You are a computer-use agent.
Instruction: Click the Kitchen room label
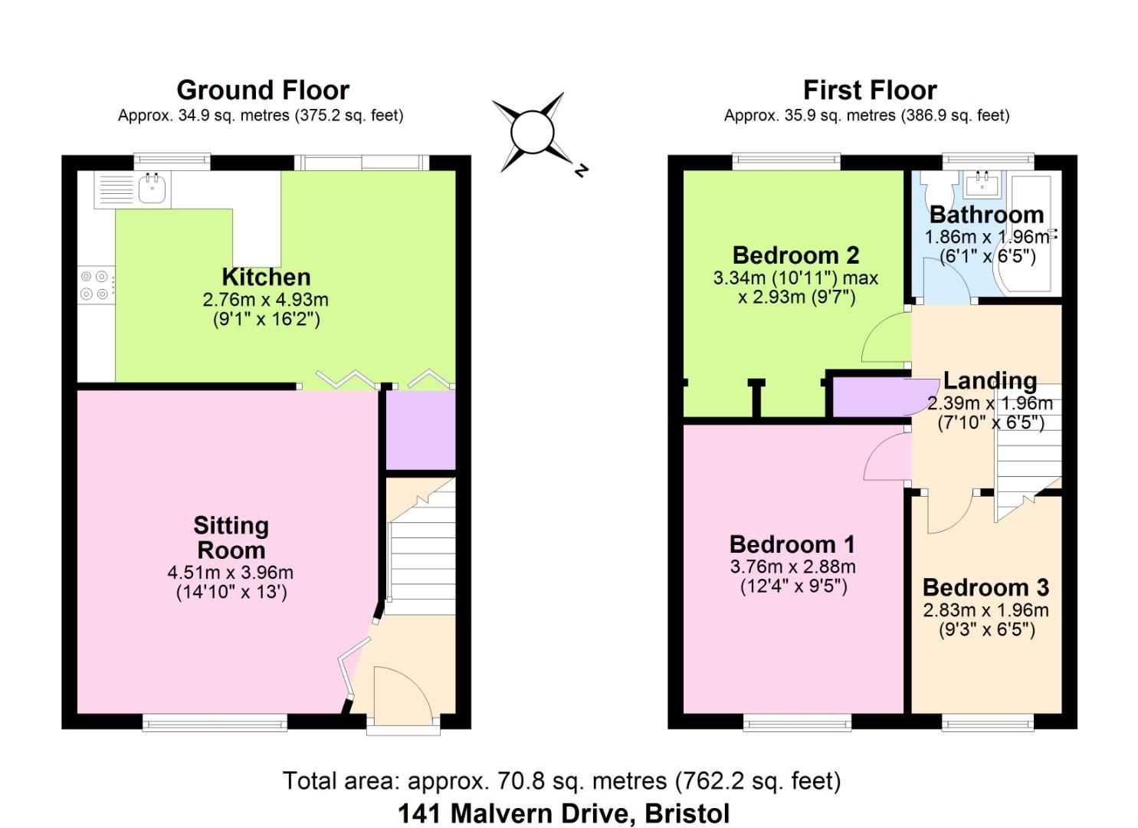pos(266,277)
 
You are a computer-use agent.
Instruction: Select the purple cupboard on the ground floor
pos(420,429)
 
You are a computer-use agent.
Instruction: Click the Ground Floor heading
pos(263,90)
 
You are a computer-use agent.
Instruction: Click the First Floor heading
pos(870,90)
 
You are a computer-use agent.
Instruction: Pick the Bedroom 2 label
pos(795,255)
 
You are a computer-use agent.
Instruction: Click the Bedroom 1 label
pos(792,544)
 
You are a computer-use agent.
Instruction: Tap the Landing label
pos(989,380)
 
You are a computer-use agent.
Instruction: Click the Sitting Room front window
pos(215,720)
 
